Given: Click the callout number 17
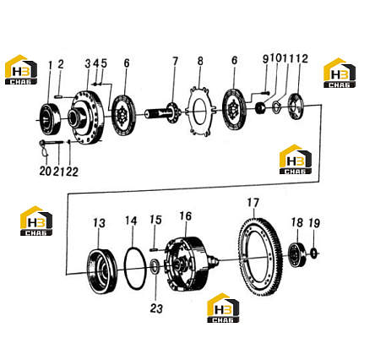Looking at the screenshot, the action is click(x=253, y=203).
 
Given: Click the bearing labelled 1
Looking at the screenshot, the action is click(x=51, y=119).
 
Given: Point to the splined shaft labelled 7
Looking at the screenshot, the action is click(x=163, y=112).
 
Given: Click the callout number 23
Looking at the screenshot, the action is click(x=156, y=308).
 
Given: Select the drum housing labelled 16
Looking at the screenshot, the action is click(x=187, y=264).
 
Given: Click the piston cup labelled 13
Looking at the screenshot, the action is click(x=101, y=270).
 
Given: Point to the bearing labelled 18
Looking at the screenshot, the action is click(x=297, y=255).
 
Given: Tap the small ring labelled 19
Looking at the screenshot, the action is click(x=314, y=253).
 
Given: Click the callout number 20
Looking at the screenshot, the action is click(x=45, y=171).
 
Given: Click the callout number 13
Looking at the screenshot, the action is click(x=99, y=223).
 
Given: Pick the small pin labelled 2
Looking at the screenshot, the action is click(x=59, y=96).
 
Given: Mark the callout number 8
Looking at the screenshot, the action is click(x=200, y=61).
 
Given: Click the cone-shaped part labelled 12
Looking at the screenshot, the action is click(x=296, y=106).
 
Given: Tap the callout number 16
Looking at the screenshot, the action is click(x=186, y=216).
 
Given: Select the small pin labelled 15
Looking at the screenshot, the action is click(x=154, y=249).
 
